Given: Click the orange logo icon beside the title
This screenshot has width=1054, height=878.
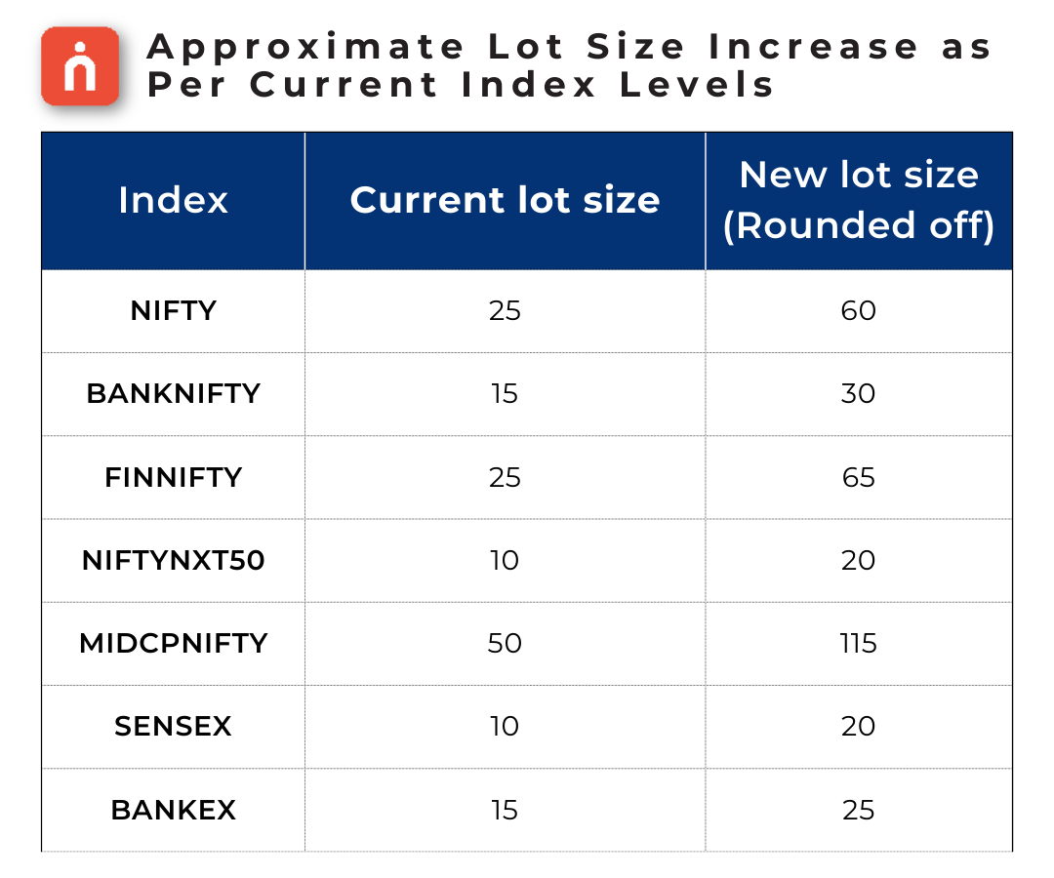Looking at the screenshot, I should (80, 66).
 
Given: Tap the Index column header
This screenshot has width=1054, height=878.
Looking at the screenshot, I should (173, 201).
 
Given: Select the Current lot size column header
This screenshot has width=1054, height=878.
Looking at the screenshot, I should (505, 201).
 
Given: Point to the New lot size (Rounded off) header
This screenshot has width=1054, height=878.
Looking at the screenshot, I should (859, 200).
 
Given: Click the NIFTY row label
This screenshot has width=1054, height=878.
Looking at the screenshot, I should (173, 311).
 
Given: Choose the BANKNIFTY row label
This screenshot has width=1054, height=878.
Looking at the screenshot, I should (173, 394).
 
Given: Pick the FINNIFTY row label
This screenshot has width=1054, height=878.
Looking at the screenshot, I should (173, 478).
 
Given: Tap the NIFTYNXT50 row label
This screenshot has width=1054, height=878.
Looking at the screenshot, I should (173, 561).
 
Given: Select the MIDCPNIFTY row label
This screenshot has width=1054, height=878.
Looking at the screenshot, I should (173, 644).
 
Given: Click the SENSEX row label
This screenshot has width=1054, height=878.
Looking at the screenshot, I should (173, 727).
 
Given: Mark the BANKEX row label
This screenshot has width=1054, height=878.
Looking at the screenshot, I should (173, 811).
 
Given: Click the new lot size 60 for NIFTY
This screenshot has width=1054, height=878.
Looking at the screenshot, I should (859, 311).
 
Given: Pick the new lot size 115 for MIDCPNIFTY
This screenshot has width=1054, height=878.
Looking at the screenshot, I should (859, 644).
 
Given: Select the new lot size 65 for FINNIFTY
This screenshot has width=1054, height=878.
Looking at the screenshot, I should (859, 478).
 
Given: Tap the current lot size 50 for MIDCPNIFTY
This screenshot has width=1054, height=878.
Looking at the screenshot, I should (505, 644).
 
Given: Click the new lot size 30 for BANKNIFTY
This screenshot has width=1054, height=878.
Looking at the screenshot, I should (859, 394).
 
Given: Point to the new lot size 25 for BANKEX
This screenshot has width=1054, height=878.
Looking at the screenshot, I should (859, 811).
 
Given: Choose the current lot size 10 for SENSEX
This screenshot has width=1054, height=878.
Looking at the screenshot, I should (505, 727).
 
